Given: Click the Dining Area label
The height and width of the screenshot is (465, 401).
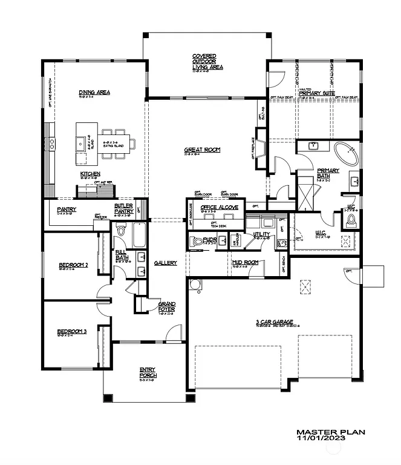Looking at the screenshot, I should (94, 93).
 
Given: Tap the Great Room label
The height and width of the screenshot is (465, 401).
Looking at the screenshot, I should (203, 150).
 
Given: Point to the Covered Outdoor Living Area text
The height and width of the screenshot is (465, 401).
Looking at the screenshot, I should (207, 61).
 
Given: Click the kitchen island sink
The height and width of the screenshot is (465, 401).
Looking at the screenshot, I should (80, 143).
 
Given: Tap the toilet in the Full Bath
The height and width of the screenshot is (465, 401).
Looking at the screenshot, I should (120, 231).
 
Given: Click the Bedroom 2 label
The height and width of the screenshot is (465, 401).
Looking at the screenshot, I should (74, 265).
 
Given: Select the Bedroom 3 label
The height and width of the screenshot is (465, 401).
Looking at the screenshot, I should (73, 331).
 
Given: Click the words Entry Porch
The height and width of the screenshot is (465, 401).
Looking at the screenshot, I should (148, 373).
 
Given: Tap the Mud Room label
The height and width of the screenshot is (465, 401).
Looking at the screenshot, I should (246, 262).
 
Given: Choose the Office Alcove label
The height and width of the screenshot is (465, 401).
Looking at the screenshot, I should (223, 207).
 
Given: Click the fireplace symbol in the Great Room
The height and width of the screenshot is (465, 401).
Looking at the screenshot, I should (259, 148).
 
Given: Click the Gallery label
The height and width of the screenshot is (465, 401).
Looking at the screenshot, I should (165, 263).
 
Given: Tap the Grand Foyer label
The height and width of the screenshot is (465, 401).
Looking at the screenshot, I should (166, 306).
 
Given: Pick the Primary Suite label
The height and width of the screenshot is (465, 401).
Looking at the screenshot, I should (317, 93).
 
